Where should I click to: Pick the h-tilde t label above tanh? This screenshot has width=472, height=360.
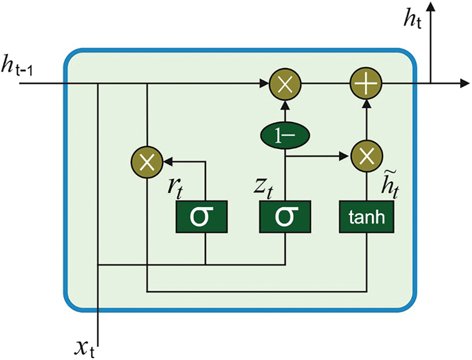[x=392, y=181]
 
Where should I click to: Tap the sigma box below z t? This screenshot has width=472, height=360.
[x=285, y=216]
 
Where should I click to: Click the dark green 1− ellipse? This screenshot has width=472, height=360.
[x=285, y=134]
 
